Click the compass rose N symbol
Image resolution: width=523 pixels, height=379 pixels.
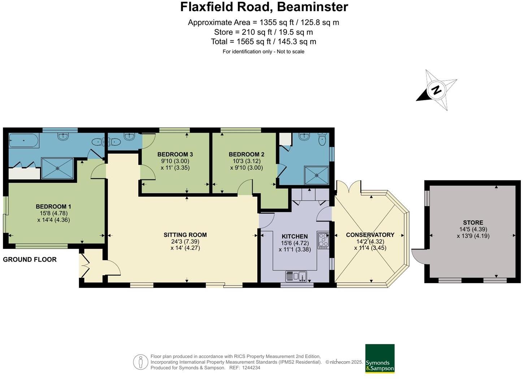pos(436,90)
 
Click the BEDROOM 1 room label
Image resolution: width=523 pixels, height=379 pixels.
pos(53,207)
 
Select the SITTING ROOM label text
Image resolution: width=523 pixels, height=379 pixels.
pos(185,235)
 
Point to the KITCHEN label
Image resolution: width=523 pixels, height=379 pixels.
pos(295,237)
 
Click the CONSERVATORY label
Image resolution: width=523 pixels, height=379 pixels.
pos(370,235)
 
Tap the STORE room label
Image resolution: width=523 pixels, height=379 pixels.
pos(473,223)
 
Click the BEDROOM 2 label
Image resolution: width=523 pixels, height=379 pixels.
pos(247,154)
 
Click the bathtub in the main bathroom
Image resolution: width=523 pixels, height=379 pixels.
pos(23,141)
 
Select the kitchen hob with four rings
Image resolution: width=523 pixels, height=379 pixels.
pos(323,241)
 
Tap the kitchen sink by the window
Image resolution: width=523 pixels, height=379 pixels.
pos(296,276)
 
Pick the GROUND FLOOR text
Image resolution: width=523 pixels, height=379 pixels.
pos(30,259)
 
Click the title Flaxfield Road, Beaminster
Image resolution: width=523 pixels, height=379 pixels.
pos(264,7)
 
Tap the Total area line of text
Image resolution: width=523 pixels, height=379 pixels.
pos(263,42)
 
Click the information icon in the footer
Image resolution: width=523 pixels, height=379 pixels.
pos(140,362)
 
